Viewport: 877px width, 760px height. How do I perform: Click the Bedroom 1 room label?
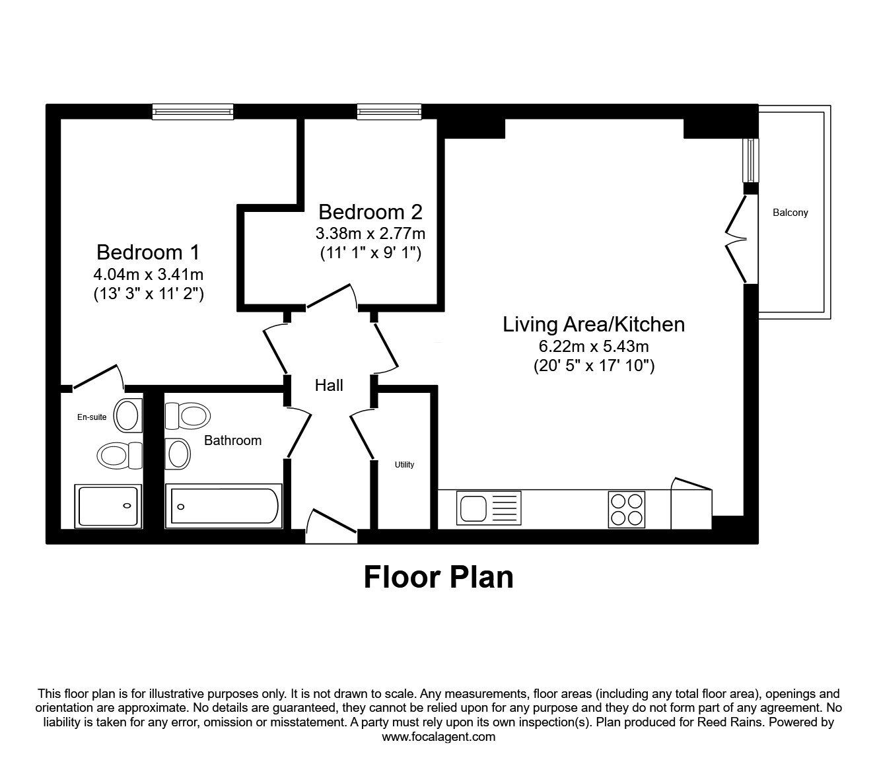point(148,252)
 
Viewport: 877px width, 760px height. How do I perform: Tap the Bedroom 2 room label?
point(370,212)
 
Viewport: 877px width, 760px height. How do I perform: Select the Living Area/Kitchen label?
point(593,324)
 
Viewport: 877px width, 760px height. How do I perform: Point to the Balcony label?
point(790,213)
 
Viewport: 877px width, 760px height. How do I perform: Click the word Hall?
point(328,385)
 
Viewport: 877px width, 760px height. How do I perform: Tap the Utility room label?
point(404,465)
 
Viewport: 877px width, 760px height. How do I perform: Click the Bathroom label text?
point(232,440)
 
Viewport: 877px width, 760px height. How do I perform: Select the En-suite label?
point(92,417)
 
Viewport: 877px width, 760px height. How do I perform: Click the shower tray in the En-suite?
point(110,506)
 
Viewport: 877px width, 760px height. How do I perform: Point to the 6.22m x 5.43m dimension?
point(593,346)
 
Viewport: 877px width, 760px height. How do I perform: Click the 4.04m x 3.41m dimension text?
point(148,273)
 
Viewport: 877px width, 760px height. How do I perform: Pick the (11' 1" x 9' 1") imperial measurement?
point(370,252)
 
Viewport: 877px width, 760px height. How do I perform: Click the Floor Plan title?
point(438,577)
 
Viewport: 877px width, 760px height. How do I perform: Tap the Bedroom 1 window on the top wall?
point(192,112)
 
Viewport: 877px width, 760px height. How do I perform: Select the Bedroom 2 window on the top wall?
point(389,112)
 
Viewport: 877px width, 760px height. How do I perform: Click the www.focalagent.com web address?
point(438,737)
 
